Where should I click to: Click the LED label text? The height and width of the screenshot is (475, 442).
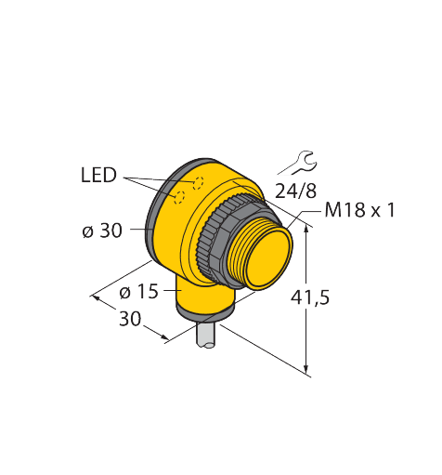click(x=98, y=175)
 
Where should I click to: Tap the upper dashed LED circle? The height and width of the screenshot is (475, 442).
click(x=198, y=183)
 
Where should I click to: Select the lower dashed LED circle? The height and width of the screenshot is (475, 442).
click(x=179, y=197)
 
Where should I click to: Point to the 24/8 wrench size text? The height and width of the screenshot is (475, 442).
click(x=295, y=191)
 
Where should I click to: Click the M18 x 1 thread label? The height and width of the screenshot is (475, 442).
click(x=360, y=210)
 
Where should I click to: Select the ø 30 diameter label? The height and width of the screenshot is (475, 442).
click(x=102, y=231)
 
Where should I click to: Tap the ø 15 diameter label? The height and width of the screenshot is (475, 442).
click(x=138, y=292)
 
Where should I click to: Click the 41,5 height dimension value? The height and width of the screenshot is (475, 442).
click(x=310, y=297)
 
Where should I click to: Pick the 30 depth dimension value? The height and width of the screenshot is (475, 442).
click(x=130, y=319)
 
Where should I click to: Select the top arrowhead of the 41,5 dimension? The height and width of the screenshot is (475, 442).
click(x=306, y=231)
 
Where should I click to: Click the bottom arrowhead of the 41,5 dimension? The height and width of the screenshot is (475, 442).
click(x=306, y=369)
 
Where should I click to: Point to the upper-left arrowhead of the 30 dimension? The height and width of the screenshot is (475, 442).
click(x=95, y=298)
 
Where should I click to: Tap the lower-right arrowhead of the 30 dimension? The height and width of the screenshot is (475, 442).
click(x=165, y=337)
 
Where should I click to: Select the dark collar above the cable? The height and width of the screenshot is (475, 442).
click(x=205, y=314)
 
